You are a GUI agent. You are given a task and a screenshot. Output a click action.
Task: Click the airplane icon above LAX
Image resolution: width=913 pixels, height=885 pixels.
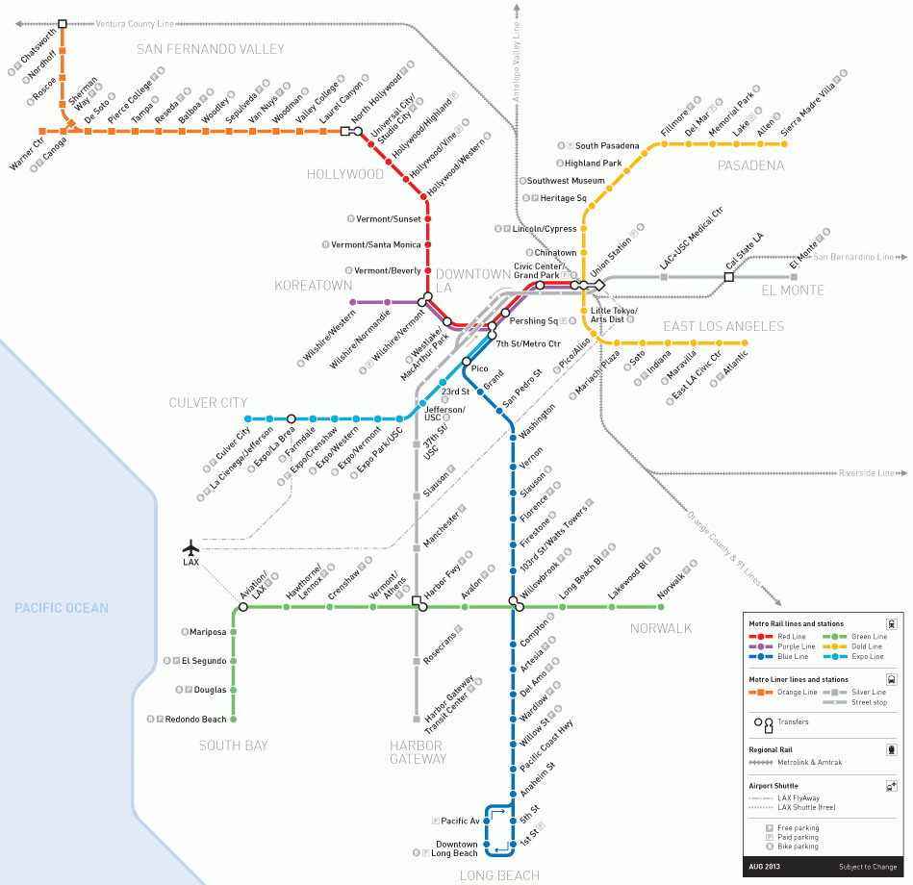(x=190, y=546)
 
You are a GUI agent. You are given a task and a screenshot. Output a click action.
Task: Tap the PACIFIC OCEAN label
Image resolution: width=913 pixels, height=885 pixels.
(x=61, y=608)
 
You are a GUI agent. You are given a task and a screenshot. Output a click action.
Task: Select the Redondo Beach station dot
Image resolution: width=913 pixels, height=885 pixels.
(x=234, y=719)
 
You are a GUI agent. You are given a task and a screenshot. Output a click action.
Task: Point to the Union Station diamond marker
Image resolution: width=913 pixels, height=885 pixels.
(x=599, y=285)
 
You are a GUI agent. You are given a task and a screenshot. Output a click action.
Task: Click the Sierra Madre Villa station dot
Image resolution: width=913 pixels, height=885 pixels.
(x=784, y=144)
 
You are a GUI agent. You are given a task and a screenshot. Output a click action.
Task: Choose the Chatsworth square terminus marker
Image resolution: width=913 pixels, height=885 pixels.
(x=63, y=23)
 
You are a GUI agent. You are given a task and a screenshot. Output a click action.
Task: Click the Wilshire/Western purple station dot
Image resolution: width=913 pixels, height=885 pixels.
(x=353, y=302)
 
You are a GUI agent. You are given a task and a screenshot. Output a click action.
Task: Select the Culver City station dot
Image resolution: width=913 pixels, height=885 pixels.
(x=248, y=419)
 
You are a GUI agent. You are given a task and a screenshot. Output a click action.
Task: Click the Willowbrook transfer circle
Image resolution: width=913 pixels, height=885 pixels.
(x=513, y=603)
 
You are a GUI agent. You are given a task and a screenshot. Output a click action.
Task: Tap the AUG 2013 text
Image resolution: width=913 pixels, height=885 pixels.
(x=763, y=867)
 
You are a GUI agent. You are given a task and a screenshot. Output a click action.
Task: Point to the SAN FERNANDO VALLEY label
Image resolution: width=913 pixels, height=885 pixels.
(x=211, y=49)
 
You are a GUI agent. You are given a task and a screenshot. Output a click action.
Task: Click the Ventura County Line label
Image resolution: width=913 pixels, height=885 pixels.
(x=135, y=23)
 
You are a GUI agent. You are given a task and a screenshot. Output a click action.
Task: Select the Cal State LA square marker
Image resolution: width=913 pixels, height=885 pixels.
(x=728, y=277)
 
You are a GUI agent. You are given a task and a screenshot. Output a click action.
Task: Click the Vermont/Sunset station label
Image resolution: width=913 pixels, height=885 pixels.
(x=389, y=219)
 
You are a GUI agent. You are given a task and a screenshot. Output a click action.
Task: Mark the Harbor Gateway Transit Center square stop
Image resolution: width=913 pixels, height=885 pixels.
(x=416, y=719)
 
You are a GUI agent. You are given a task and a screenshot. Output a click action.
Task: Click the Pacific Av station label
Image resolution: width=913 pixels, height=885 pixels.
(x=461, y=821)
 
